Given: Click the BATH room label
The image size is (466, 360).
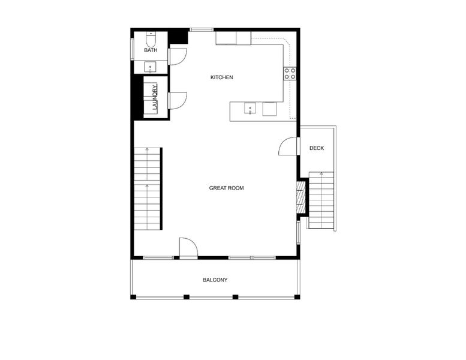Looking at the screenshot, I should coord(151,50).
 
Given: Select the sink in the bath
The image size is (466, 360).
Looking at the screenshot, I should coord(150,66).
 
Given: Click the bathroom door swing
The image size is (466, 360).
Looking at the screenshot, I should coord(177,56).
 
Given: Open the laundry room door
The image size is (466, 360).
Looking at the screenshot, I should coord(177,100).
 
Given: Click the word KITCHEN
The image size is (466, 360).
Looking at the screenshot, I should coord(221,77).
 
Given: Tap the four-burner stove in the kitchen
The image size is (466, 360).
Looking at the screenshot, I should coord(290,74).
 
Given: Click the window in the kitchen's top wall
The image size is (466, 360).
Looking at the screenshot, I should coord(202,29).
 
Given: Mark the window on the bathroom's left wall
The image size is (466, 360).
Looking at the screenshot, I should coord(132,48).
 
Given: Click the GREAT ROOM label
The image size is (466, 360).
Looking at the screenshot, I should coord(226,188).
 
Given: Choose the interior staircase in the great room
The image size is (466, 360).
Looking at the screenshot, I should coord(148,188).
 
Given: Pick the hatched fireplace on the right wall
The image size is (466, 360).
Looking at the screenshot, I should coord(301,197).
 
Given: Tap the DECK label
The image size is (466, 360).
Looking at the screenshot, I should coord(317,148).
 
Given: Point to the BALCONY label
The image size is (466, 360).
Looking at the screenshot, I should coord(215,280).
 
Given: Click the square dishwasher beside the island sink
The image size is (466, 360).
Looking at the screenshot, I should coord(269,109).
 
